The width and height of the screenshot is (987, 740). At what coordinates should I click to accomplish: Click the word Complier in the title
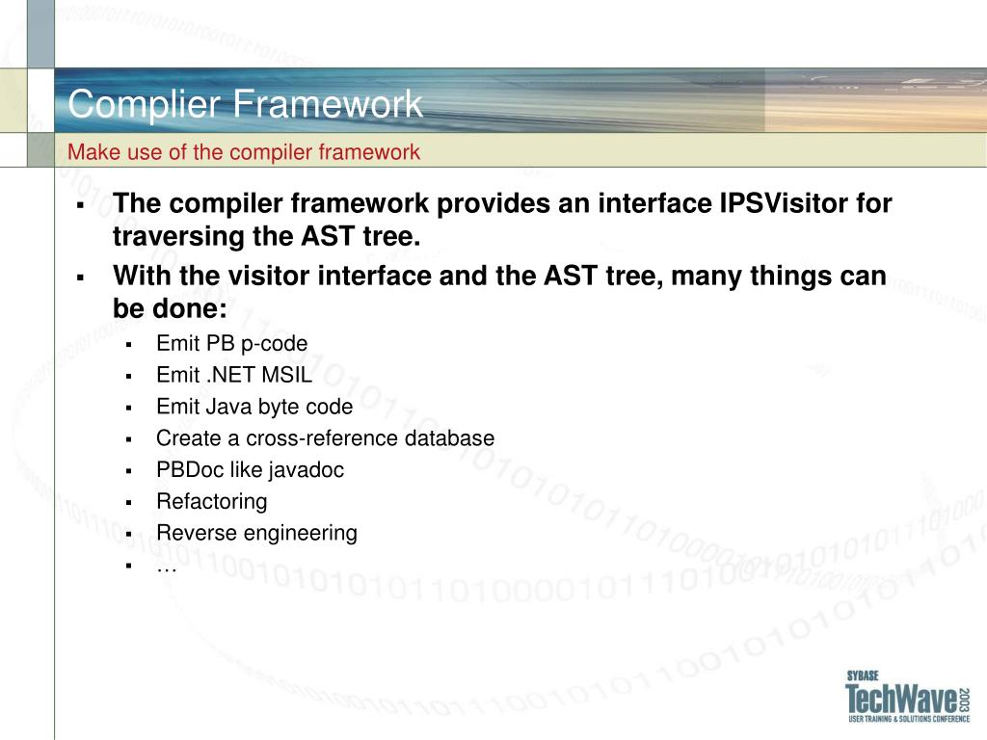[145, 104]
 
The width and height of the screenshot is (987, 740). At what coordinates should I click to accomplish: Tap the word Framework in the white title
[328, 103]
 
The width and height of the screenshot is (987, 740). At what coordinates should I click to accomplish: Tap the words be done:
[170, 308]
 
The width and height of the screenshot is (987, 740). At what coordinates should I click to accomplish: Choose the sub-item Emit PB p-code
[231, 344]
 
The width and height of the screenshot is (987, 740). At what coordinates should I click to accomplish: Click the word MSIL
[286, 375]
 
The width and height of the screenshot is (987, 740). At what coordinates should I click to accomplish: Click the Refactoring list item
[211, 501]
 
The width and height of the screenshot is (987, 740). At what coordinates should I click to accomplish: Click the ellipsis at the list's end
[166, 568]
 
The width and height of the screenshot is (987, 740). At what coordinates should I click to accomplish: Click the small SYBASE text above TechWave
[863, 675]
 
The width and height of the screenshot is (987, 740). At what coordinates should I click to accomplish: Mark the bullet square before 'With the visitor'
[80, 277]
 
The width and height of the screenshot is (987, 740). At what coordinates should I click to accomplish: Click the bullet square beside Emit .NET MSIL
[128, 377]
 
